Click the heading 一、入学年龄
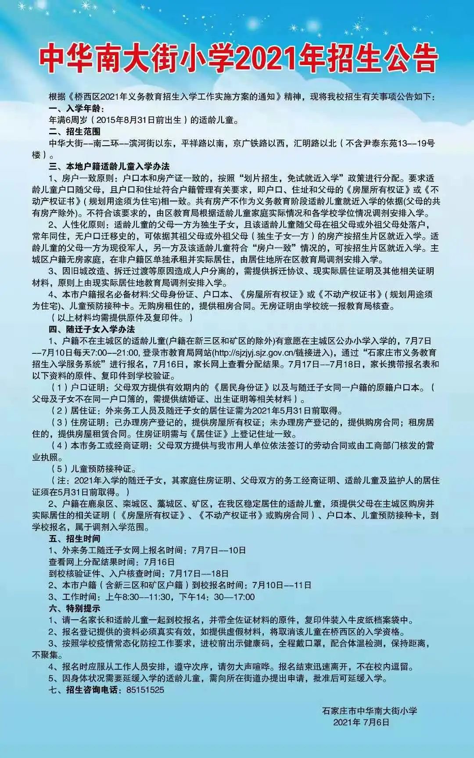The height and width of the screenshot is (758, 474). pyautogui.click(x=77, y=108)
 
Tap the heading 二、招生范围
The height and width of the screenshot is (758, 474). pyautogui.click(x=75, y=131)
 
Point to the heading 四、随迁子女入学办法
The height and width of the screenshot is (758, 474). pyautogui.click(x=92, y=329)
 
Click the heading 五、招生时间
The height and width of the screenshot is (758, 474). pyautogui.click(x=75, y=538)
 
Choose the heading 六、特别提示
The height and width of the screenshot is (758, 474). pyautogui.click(x=75, y=608)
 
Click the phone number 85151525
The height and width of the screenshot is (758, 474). pyautogui.click(x=144, y=690)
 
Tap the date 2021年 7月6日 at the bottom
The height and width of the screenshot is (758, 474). pyautogui.click(x=361, y=722)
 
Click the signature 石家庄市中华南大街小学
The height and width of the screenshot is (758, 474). pyautogui.click(x=370, y=711)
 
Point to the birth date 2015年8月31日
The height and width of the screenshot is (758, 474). pyautogui.click(x=132, y=120)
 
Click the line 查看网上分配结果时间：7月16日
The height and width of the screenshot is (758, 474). pyautogui.click(x=111, y=561)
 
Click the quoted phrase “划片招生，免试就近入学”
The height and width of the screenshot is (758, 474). pyautogui.click(x=291, y=178)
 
